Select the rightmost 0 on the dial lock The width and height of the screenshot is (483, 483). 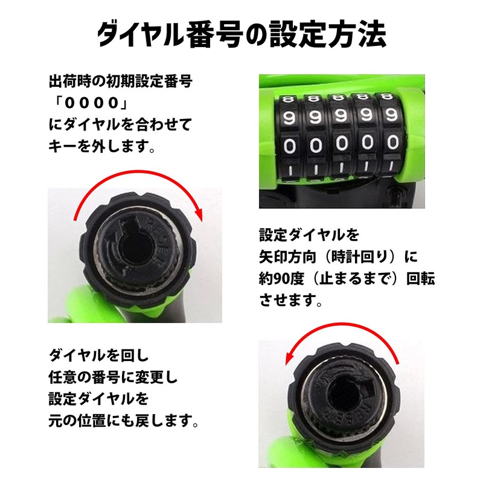[x=393, y=142]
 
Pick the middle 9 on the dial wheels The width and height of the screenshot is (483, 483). [x=341, y=117]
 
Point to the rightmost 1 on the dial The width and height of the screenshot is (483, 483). [x=391, y=167]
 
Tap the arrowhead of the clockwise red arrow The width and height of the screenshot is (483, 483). [x=199, y=215]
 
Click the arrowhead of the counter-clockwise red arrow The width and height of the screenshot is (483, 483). [x=289, y=358]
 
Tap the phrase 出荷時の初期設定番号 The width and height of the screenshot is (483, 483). [x=121, y=82]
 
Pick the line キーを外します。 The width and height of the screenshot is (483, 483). [x=102, y=146]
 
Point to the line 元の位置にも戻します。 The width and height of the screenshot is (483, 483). [x=124, y=420]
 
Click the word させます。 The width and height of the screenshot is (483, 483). [x=291, y=300]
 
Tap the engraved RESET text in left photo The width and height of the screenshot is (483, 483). [x=159, y=237]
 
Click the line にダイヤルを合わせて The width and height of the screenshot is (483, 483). [x=120, y=124]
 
